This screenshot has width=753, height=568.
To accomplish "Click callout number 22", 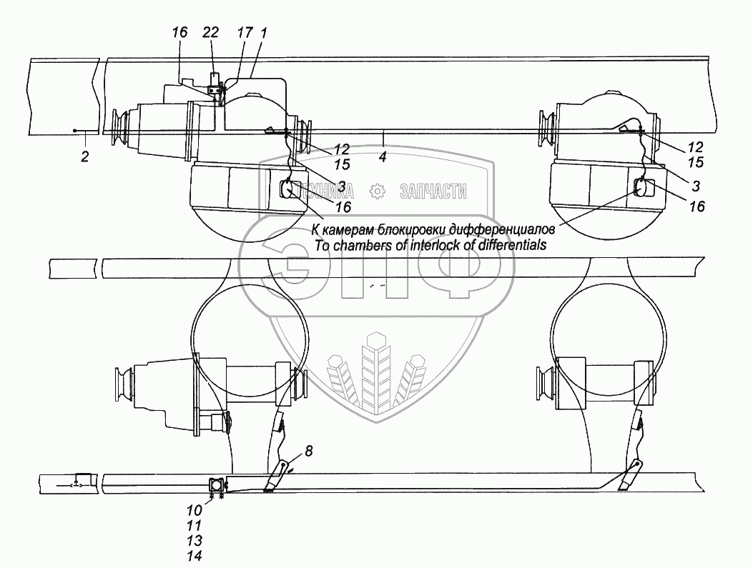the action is [210, 33].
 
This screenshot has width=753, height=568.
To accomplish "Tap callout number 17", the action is [245, 33].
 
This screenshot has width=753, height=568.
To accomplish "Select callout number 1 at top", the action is [264, 33].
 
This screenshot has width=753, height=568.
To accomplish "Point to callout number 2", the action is [85, 156].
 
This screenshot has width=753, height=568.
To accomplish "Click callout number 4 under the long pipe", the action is [383, 156].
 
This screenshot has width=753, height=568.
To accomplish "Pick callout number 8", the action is [308, 451].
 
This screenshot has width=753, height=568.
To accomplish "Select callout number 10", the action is [195, 511].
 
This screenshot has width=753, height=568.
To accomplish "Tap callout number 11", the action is [195, 526].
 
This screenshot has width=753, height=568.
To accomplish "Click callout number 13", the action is [195, 541].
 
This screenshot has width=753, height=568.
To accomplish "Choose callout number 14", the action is [195, 556].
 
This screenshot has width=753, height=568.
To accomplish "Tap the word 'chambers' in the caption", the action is [355, 245].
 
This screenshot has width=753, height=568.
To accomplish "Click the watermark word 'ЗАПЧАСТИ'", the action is [433, 191].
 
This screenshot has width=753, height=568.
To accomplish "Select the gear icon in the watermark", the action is [378, 191].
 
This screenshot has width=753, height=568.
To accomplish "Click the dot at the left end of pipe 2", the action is [74, 131].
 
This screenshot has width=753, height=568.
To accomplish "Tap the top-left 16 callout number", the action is [180, 33].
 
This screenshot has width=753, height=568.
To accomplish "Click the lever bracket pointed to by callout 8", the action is [277, 477].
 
